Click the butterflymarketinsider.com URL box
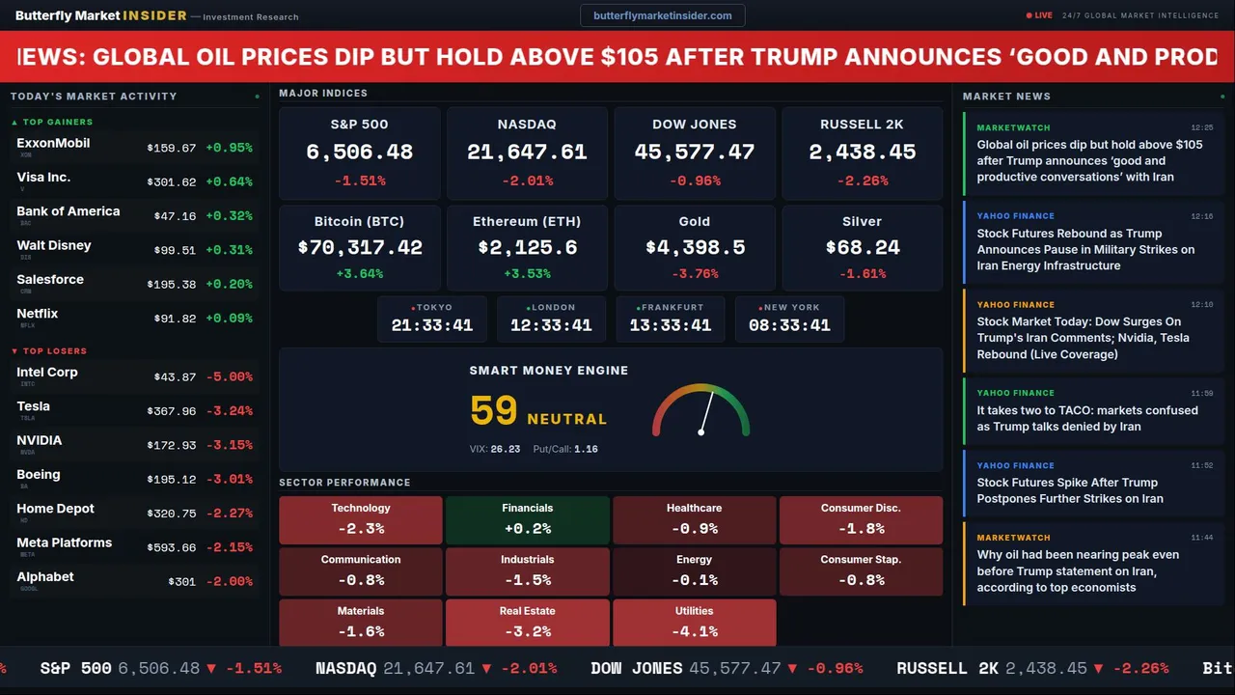pos(662,15)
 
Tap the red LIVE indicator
pos(1040,15)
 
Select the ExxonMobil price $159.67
pos(172,149)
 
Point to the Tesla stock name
pos(34,406)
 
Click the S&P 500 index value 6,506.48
pos(359,153)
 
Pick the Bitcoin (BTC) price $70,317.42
pos(360,248)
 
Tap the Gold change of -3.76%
pos(694,274)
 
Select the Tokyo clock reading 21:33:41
pos(432,325)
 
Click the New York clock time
pos(789,325)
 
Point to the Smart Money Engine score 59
pos(494,411)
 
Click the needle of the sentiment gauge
pos(706,412)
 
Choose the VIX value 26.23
pos(505,449)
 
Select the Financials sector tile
pos(527,519)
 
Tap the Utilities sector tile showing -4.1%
pos(694,623)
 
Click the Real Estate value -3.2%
pos(527,632)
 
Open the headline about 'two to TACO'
pos(1086,418)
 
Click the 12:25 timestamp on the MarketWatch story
pos(1201,127)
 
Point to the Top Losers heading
pos(54,351)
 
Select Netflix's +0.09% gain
pos(229,319)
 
